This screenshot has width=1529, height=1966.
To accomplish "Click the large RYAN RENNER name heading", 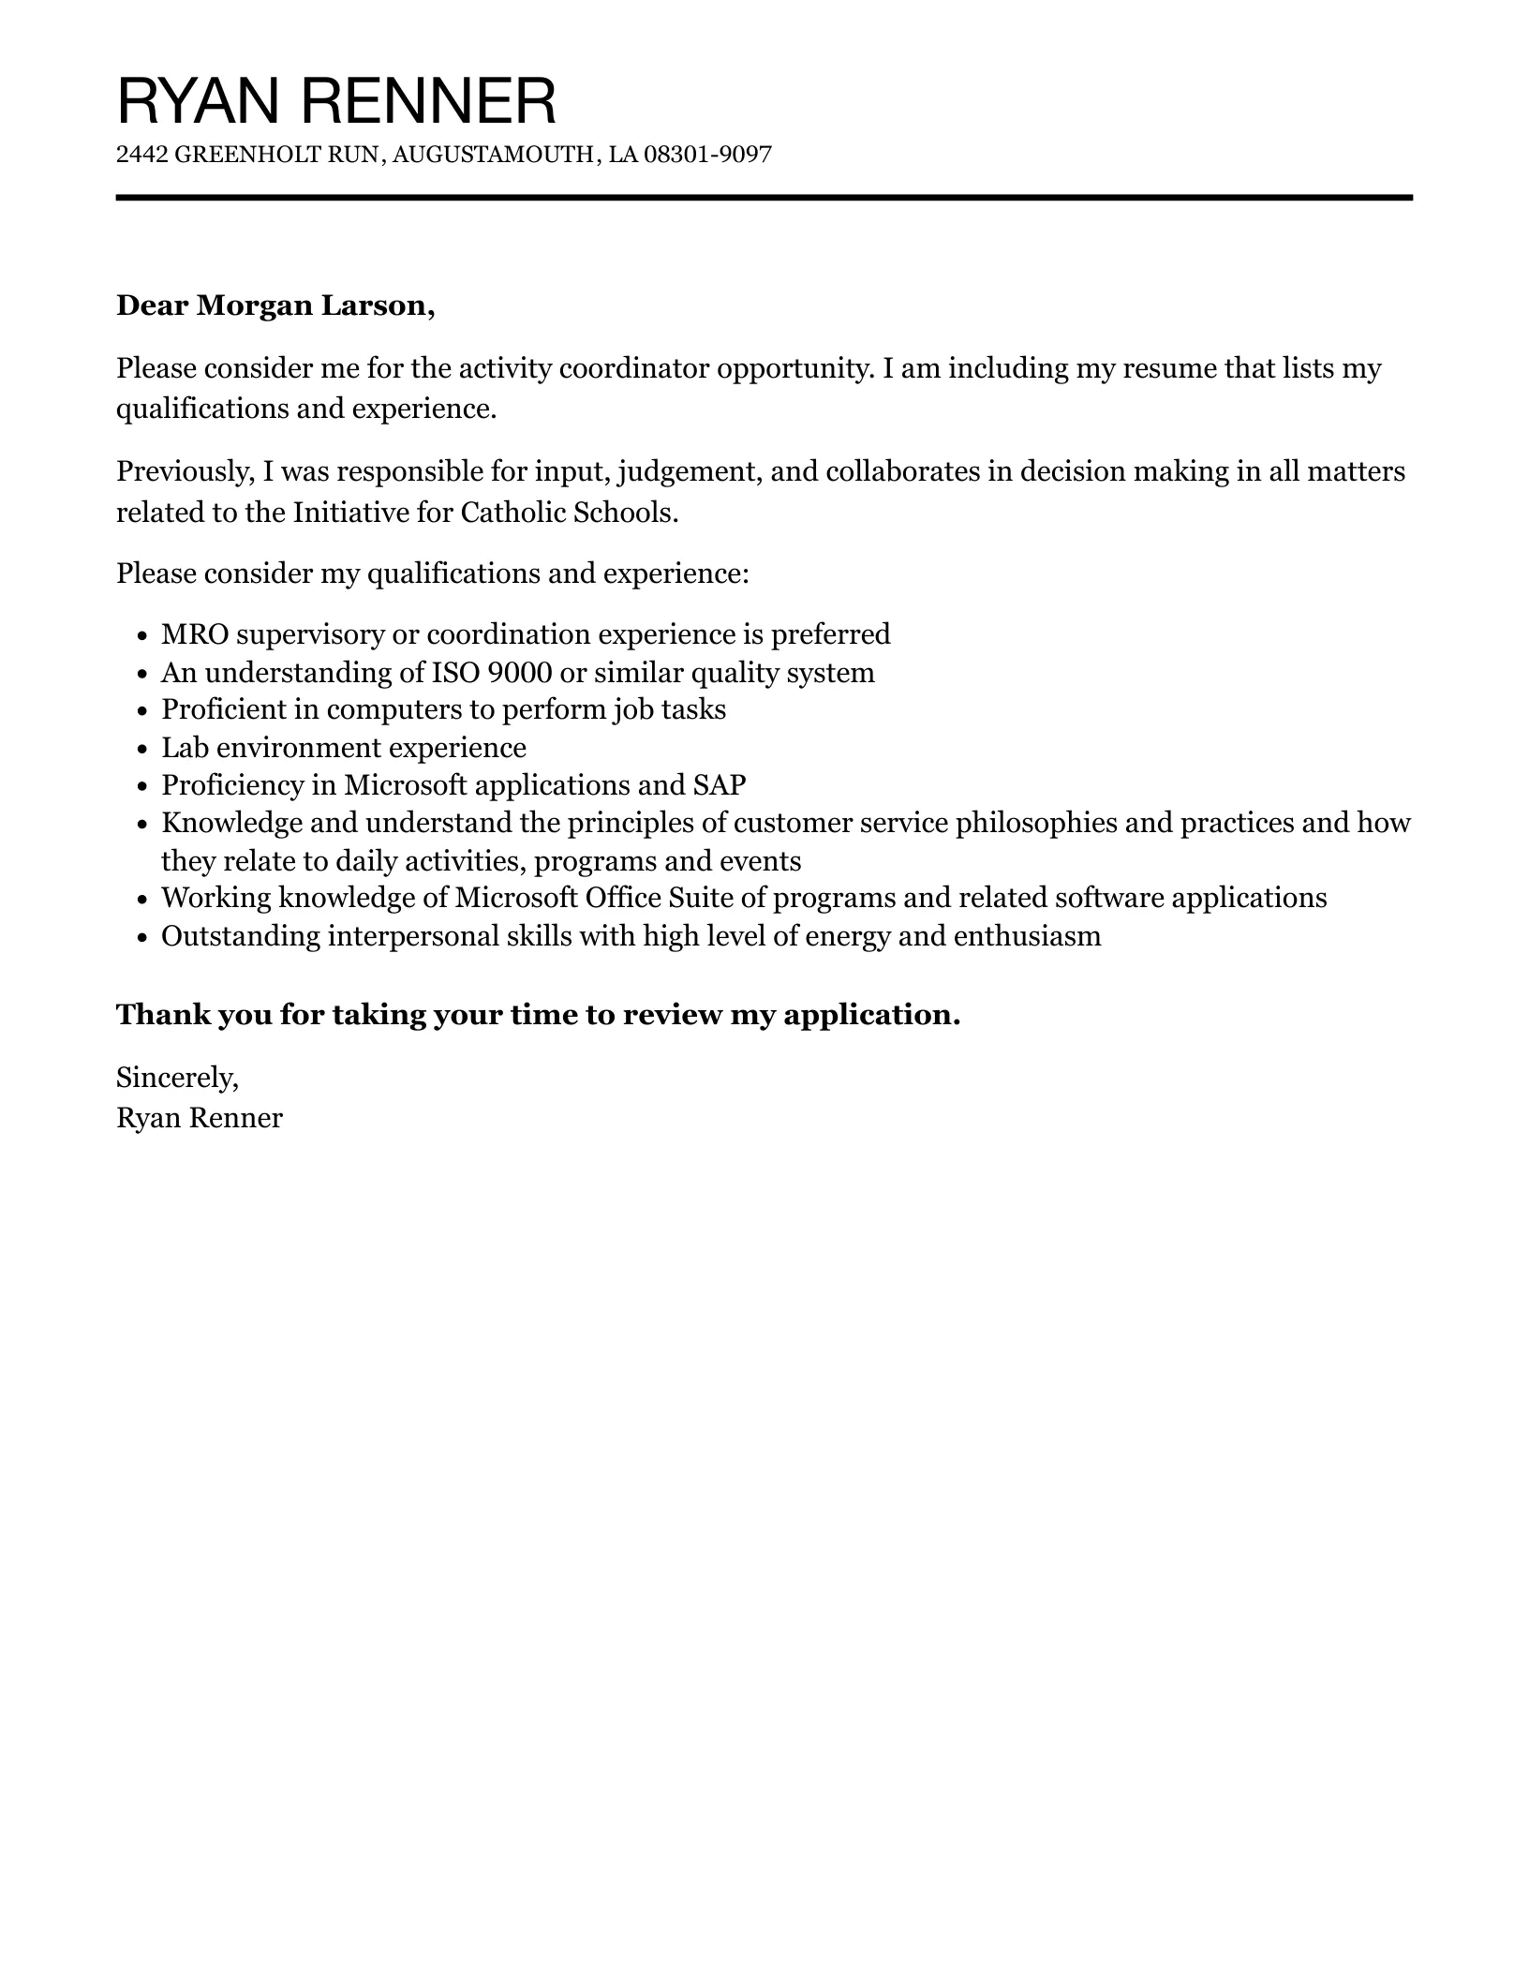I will point(336,101).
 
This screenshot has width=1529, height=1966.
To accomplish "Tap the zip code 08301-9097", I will point(707,155).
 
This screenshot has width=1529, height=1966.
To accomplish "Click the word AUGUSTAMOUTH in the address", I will point(493,155).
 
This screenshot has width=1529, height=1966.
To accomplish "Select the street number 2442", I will point(141,155).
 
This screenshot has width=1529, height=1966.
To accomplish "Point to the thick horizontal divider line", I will point(764,198).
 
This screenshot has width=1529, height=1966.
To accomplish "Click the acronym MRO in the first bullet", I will point(195,634).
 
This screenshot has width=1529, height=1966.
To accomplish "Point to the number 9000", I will point(519,673).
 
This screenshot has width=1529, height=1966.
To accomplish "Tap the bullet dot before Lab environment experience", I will point(141,750).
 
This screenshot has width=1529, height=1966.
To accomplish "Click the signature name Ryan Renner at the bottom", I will point(199,1118).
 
